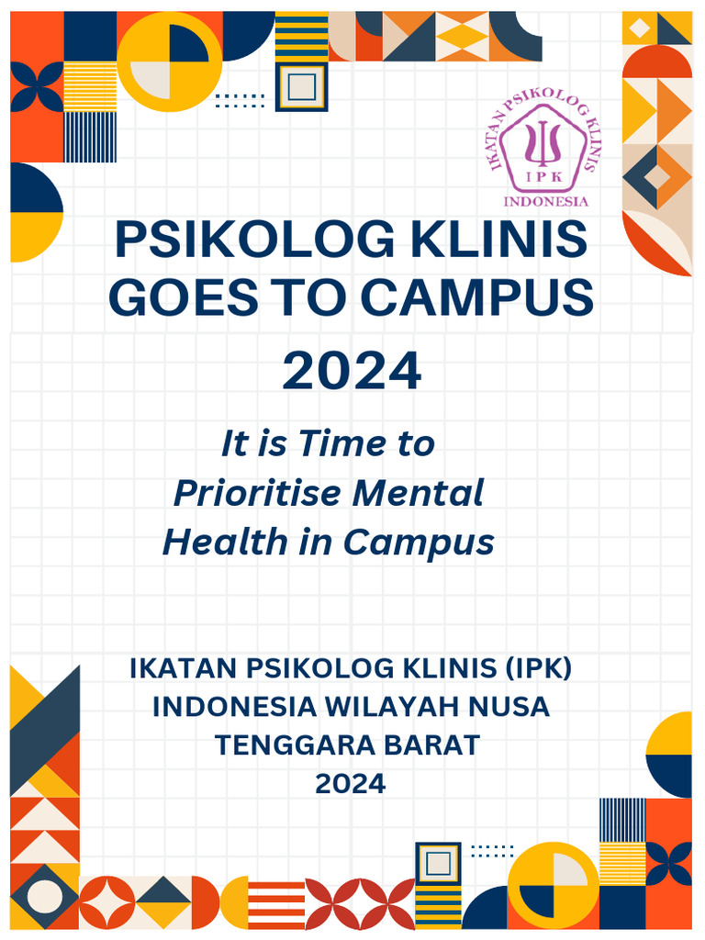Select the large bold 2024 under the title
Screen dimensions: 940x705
(352, 372)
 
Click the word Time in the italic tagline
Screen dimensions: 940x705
(341, 444)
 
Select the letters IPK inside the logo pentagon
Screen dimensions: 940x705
(543, 172)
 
